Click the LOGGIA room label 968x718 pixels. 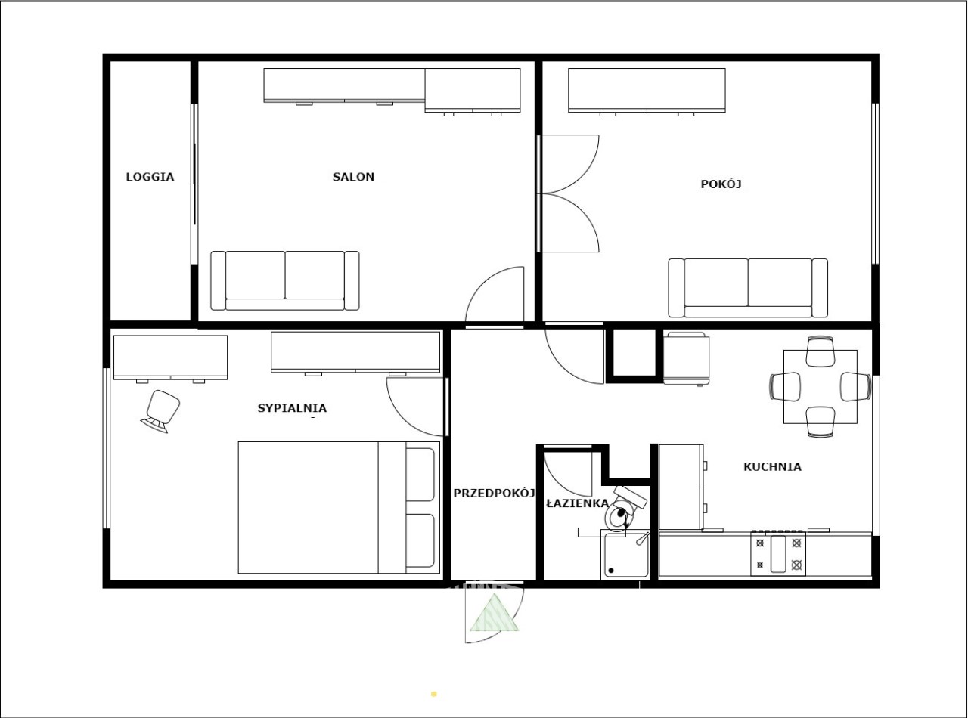tap(150, 177)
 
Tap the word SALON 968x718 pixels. tap(353, 177)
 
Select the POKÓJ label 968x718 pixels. tap(721, 184)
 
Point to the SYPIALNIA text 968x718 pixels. tap(292, 408)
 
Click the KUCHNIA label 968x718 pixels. tap(772, 467)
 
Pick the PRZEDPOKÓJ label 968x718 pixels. tap(494, 493)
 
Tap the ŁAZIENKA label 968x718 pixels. tap(577, 503)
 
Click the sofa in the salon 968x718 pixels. tap(284, 280)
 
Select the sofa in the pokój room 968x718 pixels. tap(748, 288)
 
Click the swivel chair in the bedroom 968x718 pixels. tap(160, 411)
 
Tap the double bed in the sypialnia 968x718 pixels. tap(339, 507)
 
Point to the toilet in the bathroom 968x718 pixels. tap(624, 509)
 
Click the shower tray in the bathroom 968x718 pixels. tap(625, 555)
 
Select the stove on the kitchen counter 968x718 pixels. tap(778, 553)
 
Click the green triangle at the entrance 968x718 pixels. tap(494, 613)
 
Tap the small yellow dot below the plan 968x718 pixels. tap(433, 694)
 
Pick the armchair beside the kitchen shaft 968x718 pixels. tap(686, 358)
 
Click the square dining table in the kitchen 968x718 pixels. tap(820, 386)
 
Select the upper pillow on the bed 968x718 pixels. tap(420, 474)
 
